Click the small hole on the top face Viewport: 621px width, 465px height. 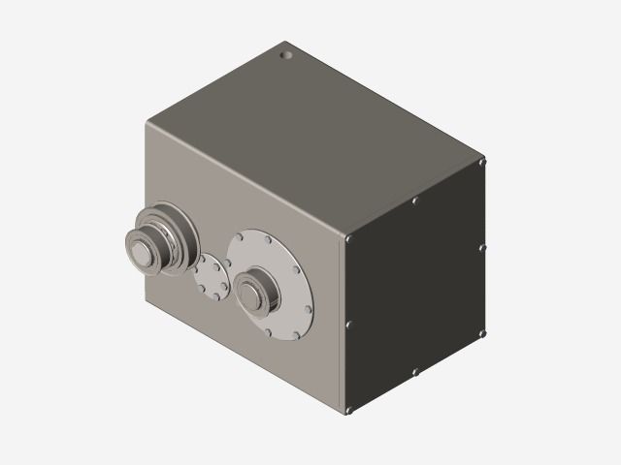286,54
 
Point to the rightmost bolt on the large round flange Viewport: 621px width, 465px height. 309,288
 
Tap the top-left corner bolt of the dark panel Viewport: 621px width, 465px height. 349,237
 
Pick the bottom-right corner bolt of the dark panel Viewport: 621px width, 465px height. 482,332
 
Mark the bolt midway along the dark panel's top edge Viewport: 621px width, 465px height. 415,201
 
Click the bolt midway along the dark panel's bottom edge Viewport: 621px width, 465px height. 415,372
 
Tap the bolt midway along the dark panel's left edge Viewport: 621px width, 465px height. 349,325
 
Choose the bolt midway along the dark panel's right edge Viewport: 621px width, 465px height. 482,247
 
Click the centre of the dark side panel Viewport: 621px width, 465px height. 416,286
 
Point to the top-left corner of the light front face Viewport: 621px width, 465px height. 148,123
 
